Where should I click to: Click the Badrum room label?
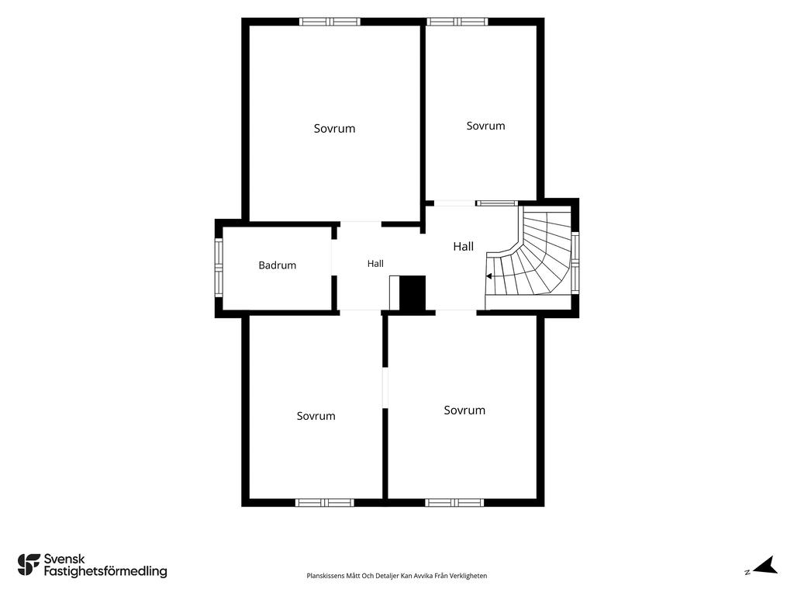pyautogui.click(x=277, y=265)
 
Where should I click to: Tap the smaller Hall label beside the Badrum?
pyautogui.click(x=375, y=264)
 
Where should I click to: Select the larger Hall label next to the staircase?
pyautogui.click(x=464, y=246)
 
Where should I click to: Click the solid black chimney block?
pyautogui.click(x=413, y=293)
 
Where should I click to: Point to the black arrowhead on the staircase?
pyautogui.click(x=489, y=276)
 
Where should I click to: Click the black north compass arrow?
pyautogui.click(x=765, y=565)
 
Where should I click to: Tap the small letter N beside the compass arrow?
pyautogui.click(x=747, y=572)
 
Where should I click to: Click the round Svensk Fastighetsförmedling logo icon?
pyautogui.click(x=29, y=565)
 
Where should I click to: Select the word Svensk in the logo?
pyautogui.click(x=64, y=559)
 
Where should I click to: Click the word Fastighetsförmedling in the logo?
pyautogui.click(x=105, y=571)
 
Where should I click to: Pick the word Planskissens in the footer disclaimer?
pyautogui.click(x=326, y=576)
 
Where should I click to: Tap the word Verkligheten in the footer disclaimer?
pyautogui.click(x=469, y=576)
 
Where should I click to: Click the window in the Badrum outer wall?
pyautogui.click(x=219, y=268)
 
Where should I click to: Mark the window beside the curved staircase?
pyautogui.click(x=575, y=262)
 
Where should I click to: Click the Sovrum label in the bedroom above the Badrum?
pyautogui.click(x=334, y=128)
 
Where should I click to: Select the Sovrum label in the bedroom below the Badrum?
pyautogui.click(x=316, y=416)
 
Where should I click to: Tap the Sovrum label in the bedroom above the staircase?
pyautogui.click(x=485, y=126)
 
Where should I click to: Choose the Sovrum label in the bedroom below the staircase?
pyautogui.click(x=464, y=410)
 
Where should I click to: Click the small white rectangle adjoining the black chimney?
pyautogui.click(x=395, y=293)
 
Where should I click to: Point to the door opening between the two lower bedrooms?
pyautogui.click(x=385, y=388)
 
